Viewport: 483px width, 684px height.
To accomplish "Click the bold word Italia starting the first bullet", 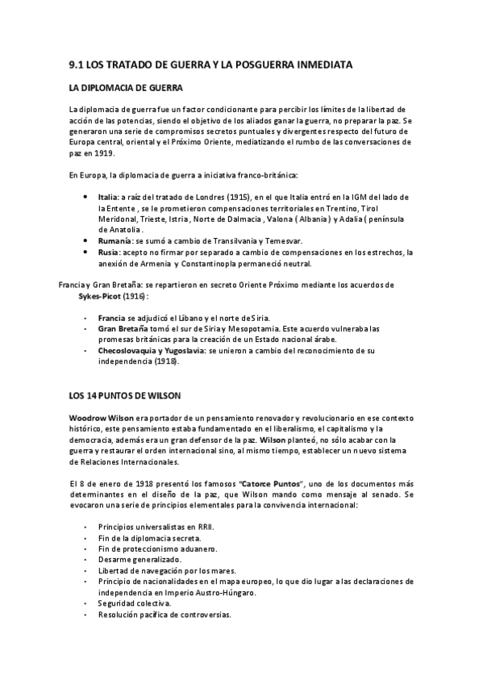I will point(108,196).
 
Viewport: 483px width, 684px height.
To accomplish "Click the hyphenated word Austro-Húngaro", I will point(232,592).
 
